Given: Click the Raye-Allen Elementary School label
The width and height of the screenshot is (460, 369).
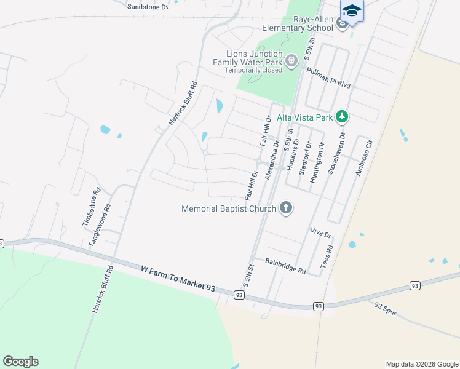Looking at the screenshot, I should (x=298, y=24).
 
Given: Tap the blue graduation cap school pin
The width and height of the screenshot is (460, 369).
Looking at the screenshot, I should (x=352, y=12).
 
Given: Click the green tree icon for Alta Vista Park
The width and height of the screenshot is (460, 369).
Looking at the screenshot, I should (x=341, y=117).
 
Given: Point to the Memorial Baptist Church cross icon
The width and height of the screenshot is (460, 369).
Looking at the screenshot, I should (x=285, y=208).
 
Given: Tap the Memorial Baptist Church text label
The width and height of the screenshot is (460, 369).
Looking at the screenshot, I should (x=229, y=208).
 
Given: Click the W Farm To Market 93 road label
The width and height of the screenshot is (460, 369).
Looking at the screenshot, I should (x=178, y=279).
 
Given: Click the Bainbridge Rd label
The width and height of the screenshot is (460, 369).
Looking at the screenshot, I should (x=285, y=265).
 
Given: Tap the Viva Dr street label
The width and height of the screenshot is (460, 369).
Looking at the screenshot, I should (x=321, y=234).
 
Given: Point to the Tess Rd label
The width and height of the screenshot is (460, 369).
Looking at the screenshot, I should (x=327, y=256).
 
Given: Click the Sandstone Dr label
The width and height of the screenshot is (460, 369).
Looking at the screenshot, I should (x=147, y=7).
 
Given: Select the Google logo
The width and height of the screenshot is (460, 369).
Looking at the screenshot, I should (x=20, y=362).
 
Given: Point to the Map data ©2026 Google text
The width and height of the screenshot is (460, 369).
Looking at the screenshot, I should (x=421, y=364).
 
